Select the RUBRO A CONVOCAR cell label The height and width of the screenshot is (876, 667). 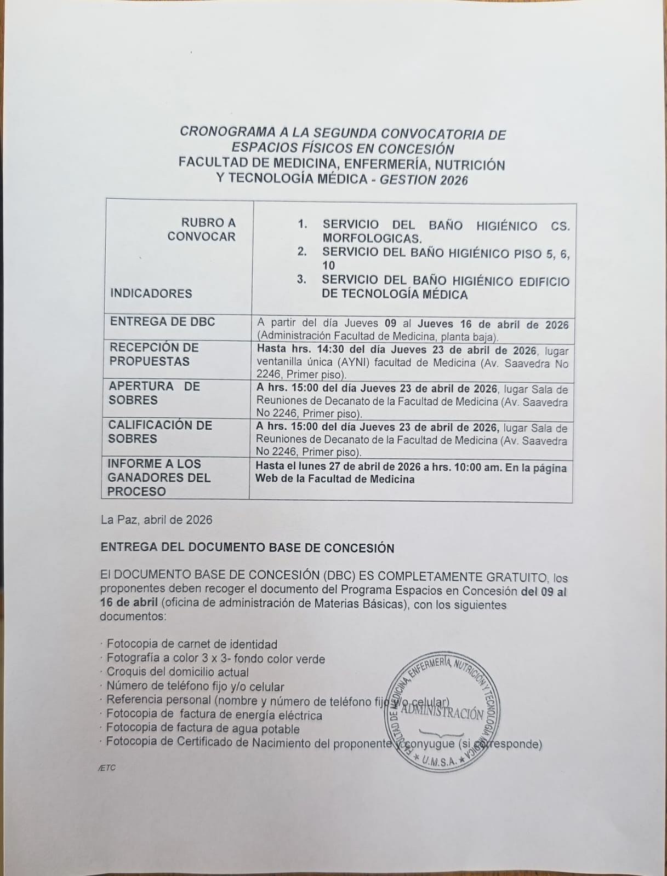click(202, 229)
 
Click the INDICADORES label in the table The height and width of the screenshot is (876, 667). click(151, 293)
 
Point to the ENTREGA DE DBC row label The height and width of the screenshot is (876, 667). click(162, 321)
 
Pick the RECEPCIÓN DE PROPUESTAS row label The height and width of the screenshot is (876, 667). click(154, 354)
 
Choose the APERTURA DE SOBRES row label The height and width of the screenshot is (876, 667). click(154, 393)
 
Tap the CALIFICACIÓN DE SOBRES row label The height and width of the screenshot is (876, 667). click(159, 431)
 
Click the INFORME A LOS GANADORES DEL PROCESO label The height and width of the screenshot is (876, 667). click(159, 477)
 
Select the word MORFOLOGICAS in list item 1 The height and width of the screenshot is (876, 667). click(372, 239)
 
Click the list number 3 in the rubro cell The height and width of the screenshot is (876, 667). click(301, 280)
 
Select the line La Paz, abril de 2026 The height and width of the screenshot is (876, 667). click(156, 520)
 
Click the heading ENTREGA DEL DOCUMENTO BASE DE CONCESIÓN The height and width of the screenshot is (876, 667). click(247, 548)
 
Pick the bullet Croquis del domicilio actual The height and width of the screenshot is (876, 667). click(178, 672)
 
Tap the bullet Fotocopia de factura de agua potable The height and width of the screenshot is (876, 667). click(203, 729)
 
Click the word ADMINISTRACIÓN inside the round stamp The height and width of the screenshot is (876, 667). click(443, 712)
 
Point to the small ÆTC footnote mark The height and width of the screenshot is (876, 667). click(108, 768)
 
